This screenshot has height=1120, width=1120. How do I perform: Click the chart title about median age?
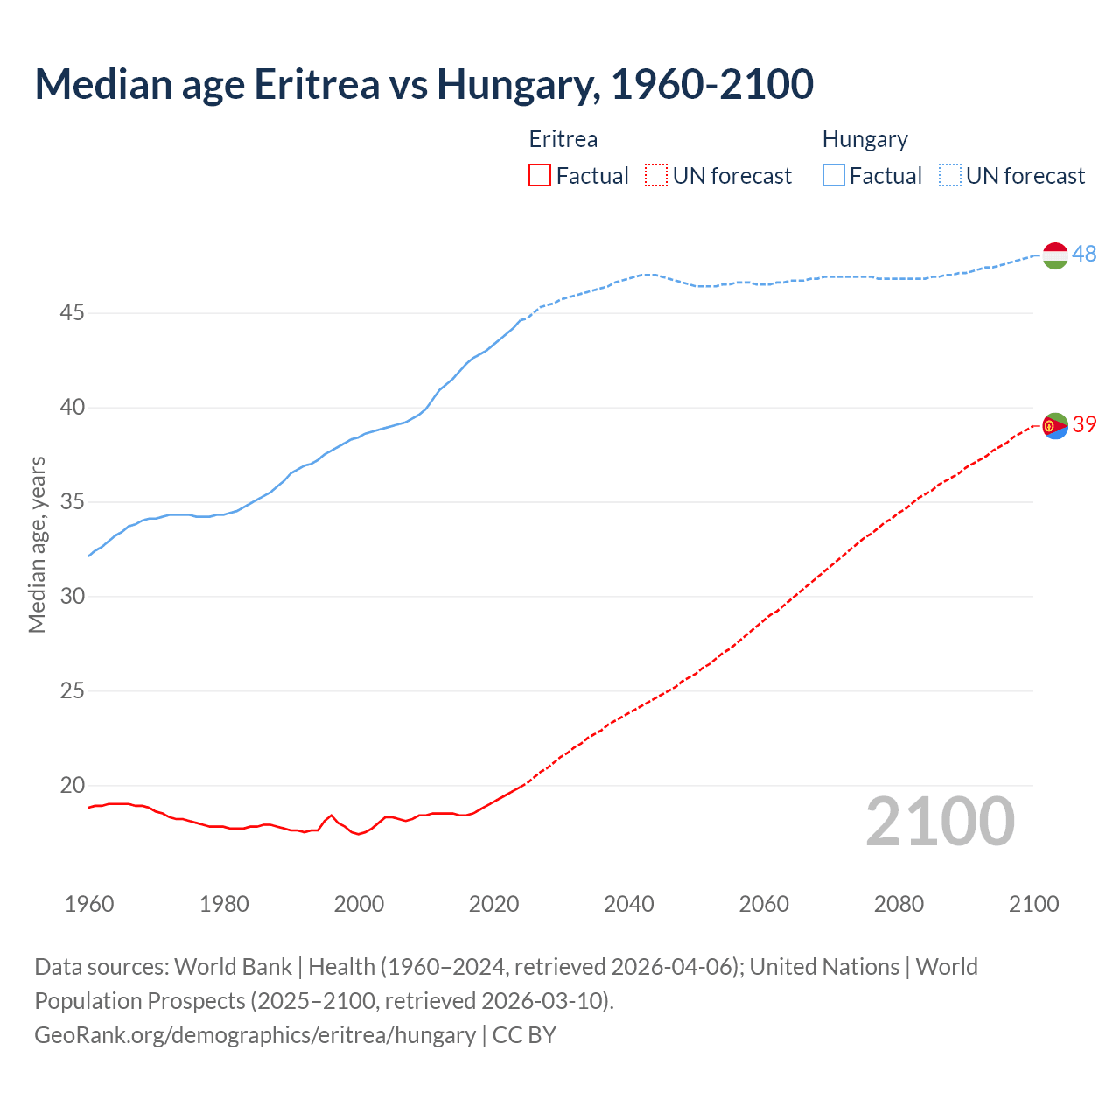(x=424, y=84)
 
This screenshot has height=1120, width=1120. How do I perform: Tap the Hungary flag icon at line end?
(x=1055, y=255)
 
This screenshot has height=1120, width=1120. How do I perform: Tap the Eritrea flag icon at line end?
(x=1055, y=425)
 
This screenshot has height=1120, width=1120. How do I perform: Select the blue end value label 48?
(x=1084, y=254)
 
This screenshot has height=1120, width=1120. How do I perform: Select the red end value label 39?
(x=1084, y=424)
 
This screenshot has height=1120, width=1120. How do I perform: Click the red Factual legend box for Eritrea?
(x=540, y=176)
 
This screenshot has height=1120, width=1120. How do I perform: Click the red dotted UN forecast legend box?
(x=656, y=176)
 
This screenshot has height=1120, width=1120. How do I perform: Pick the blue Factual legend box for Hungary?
(x=834, y=176)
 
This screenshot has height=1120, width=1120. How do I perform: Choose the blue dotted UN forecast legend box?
(x=950, y=176)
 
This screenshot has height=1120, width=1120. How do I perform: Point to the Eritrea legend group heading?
(x=563, y=139)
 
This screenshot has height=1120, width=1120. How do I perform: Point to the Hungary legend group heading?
(x=864, y=139)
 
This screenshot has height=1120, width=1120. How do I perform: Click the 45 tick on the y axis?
(x=72, y=312)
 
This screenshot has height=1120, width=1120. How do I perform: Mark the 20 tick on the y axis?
(x=72, y=785)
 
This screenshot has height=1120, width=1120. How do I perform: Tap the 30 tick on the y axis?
(x=72, y=596)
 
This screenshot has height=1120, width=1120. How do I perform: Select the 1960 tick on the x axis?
(x=89, y=904)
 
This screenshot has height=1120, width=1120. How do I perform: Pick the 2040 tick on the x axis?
(x=628, y=904)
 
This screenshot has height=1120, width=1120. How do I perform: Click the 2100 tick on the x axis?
(x=1033, y=904)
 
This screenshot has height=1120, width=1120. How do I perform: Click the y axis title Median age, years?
(x=37, y=544)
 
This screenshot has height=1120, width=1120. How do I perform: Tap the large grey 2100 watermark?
(x=940, y=822)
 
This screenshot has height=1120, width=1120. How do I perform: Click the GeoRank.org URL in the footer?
(x=255, y=1035)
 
